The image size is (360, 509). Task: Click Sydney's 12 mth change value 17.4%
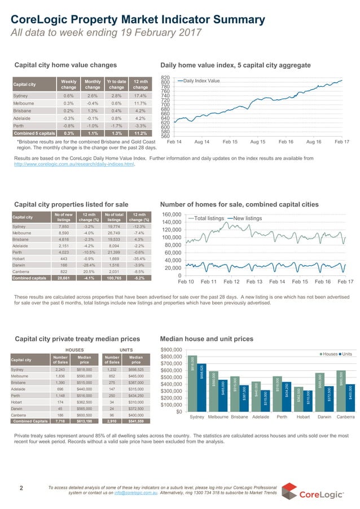[141, 96]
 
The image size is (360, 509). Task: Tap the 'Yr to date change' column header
[117, 85]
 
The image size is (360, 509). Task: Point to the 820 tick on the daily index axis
[165, 78]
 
